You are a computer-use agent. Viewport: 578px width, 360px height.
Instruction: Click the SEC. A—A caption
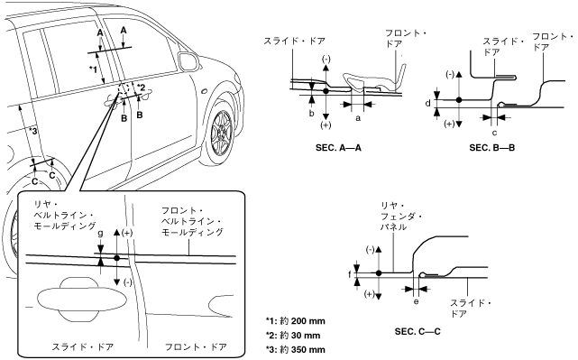tap(338, 148)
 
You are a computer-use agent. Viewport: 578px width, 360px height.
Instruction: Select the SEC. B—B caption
tap(492, 148)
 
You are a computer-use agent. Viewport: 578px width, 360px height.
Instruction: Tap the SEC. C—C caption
tap(417, 332)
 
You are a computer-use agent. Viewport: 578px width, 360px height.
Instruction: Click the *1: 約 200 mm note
tap(296, 321)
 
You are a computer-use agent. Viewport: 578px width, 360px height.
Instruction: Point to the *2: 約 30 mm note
tap(293, 336)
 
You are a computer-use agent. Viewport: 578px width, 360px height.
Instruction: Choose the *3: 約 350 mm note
tap(296, 350)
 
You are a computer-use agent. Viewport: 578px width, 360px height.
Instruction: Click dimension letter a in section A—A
tap(357, 118)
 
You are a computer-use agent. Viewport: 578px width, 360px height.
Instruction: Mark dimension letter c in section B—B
tap(494, 133)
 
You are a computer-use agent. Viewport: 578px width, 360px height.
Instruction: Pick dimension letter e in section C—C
tap(416, 301)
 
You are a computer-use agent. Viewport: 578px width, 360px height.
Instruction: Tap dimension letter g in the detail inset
tap(100, 233)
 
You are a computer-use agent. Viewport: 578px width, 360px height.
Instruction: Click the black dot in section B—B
tap(459, 99)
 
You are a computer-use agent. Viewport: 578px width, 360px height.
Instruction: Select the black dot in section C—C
tap(379, 273)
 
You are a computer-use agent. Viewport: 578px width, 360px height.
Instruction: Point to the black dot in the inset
tap(117, 258)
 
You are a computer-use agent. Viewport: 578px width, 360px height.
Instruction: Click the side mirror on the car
tap(188, 61)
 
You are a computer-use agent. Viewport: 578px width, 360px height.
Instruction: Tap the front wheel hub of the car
tap(222, 132)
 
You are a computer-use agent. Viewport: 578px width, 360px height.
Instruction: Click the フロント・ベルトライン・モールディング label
tap(192, 221)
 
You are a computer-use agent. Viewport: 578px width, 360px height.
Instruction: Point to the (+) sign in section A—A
tap(326, 125)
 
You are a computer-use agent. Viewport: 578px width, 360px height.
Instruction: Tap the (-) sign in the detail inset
tap(127, 282)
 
